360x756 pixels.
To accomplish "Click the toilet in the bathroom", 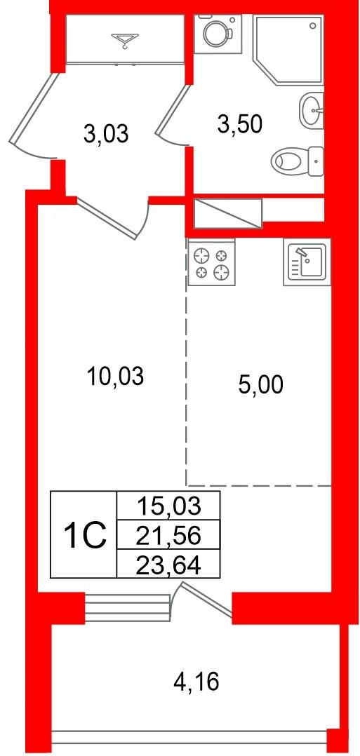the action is point(297,160).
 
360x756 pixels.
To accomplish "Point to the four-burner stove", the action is point(211,262).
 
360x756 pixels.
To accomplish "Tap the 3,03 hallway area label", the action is point(106,135).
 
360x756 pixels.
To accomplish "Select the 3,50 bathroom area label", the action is point(239,124).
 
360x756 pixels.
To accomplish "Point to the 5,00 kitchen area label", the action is point(261,385).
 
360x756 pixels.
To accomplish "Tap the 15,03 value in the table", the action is point(168,506).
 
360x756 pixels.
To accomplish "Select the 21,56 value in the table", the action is point(168,536).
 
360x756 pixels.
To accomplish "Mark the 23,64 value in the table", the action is point(168,565).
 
